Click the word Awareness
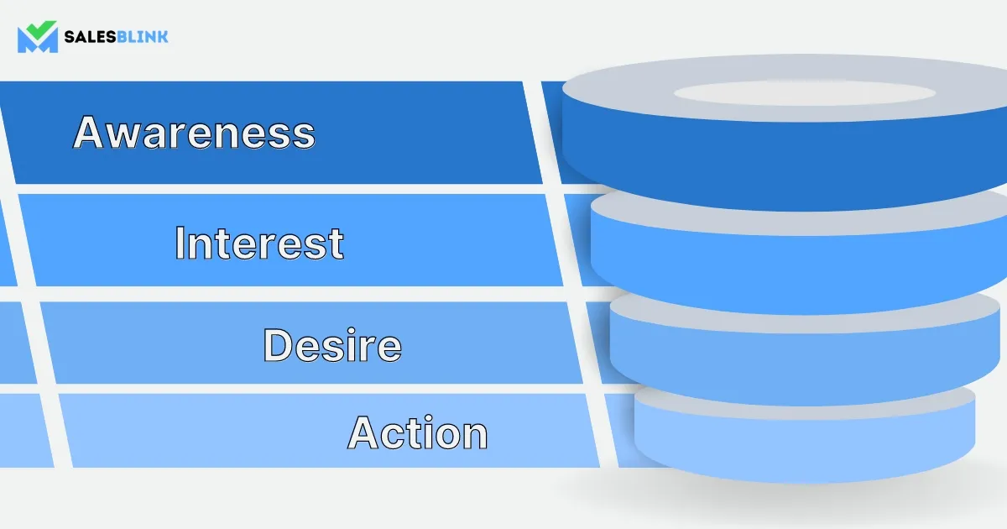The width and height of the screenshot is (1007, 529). [194, 132]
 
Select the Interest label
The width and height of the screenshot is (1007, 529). [259, 244]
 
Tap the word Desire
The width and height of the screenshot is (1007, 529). [332, 345]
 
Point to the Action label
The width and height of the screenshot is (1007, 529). [418, 432]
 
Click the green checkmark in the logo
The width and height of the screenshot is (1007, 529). [42, 29]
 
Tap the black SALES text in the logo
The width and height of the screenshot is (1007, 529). [91, 36]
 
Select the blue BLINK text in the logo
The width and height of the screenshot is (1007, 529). [143, 36]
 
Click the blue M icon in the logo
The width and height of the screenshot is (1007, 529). [37, 41]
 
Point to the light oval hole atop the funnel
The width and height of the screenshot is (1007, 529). [805, 93]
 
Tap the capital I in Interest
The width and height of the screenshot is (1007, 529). [179, 244]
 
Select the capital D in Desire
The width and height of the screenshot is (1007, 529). [277, 345]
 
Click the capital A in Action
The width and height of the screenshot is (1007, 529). [363, 432]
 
